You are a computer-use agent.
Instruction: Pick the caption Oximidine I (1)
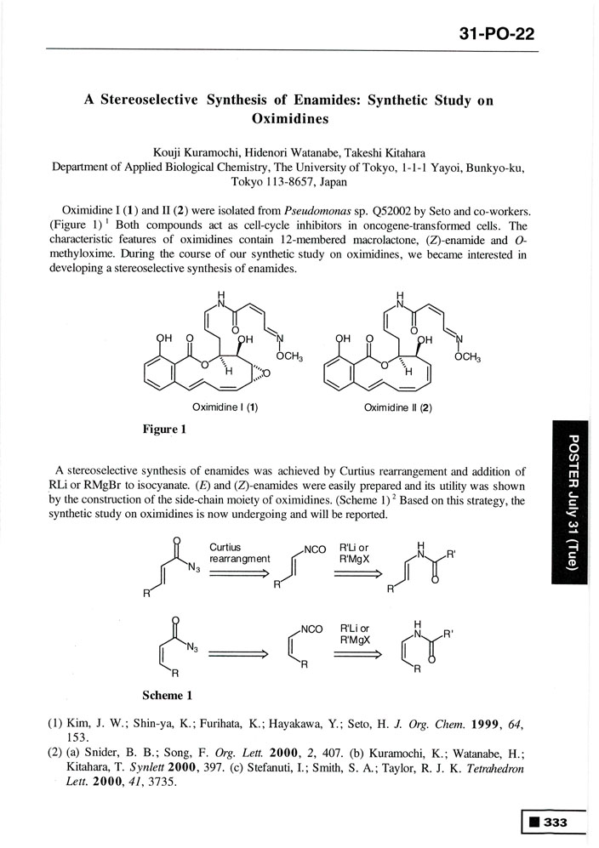(x=225, y=407)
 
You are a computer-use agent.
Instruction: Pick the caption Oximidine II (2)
(x=398, y=407)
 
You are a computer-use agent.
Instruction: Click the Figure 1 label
(x=164, y=430)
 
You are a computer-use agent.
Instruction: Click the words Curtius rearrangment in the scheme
(x=239, y=554)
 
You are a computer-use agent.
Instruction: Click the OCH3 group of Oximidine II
(x=467, y=358)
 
